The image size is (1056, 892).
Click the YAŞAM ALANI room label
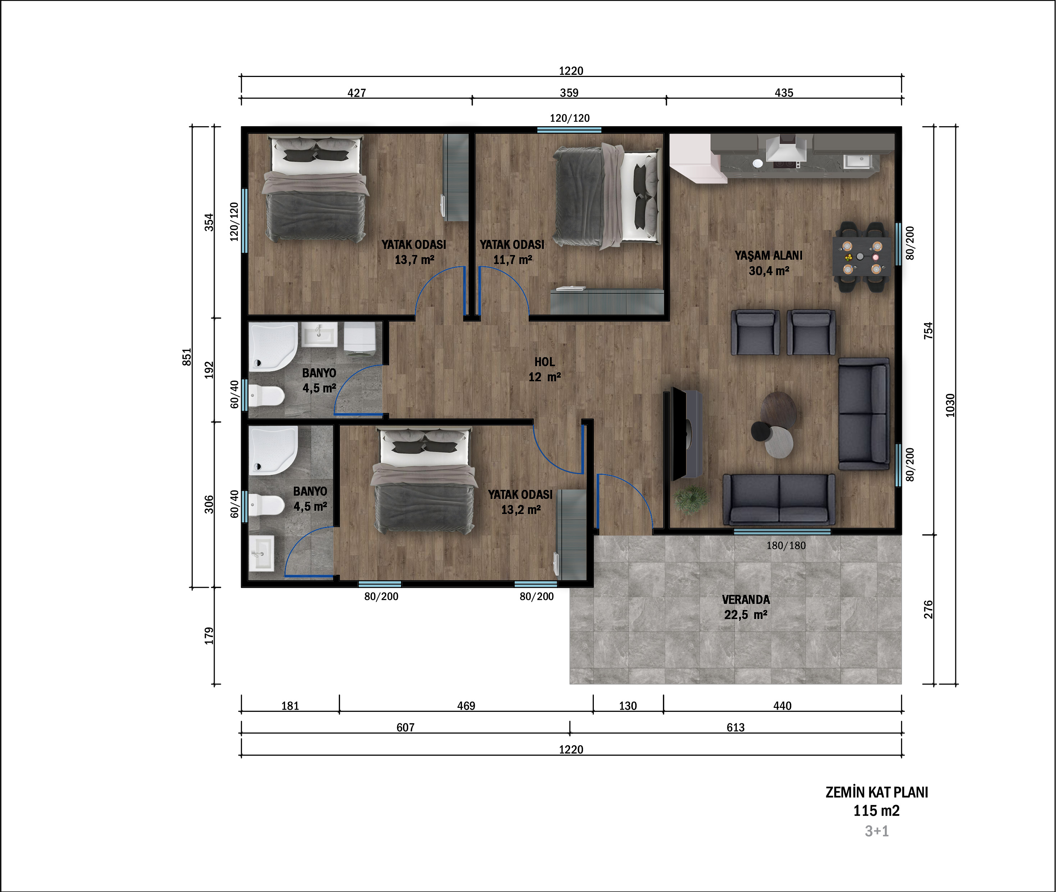(768, 255)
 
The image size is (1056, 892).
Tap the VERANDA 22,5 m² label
(746, 607)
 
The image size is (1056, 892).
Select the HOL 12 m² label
(545, 369)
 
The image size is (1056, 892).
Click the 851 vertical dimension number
(187, 357)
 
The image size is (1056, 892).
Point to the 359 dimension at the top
(569, 92)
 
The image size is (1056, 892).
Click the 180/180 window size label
(786, 546)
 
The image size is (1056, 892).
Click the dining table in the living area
(862, 256)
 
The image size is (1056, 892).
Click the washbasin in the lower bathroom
(262, 554)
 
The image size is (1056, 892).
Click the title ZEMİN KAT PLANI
(877, 792)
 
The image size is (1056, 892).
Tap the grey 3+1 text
(877, 831)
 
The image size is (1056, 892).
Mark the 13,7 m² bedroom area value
(414, 260)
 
